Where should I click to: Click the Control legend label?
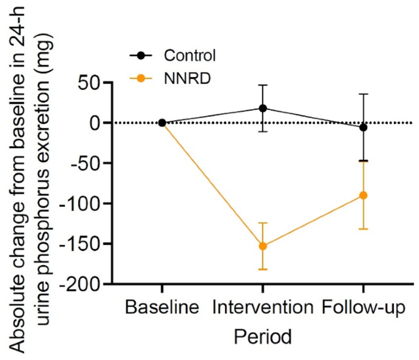(x=190, y=56)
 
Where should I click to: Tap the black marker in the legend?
(x=141, y=56)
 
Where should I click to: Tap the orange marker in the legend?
(x=141, y=78)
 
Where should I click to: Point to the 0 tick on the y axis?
(x=97, y=122)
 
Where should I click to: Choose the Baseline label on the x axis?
(x=162, y=307)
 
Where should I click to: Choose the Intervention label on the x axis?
(x=262, y=307)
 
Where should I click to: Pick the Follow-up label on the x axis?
(x=363, y=307)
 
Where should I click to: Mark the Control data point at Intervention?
(x=263, y=108)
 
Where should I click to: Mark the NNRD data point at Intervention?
(x=263, y=246)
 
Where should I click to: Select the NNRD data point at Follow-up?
(x=363, y=195)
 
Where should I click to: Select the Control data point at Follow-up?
(x=363, y=127)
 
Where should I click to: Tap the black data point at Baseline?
(x=162, y=122)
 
